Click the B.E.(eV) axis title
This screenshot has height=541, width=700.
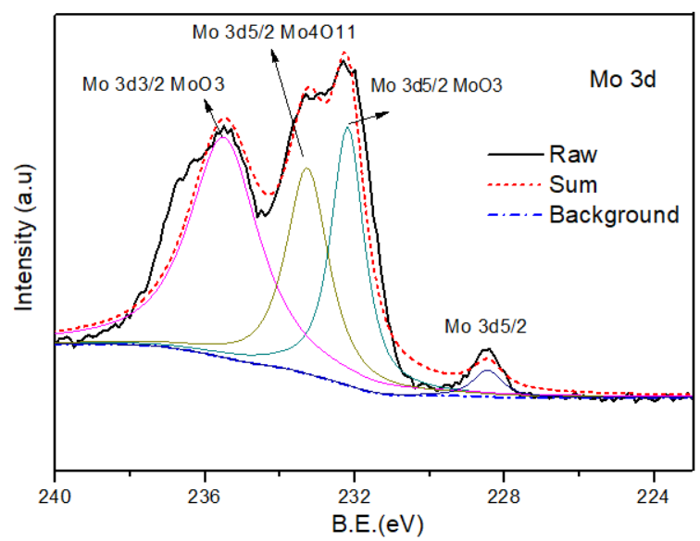374,524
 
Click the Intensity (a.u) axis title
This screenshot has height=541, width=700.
23,235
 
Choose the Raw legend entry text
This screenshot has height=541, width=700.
572,153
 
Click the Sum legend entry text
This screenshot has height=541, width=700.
572,184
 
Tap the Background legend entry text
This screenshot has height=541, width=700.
614,215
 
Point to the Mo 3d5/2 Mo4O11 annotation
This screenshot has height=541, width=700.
274,33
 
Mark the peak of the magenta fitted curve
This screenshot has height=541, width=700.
222,136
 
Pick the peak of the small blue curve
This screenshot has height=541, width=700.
488,371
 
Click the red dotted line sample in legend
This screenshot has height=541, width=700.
515,184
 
